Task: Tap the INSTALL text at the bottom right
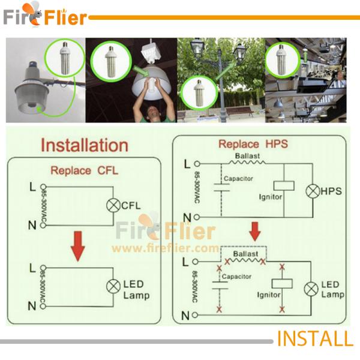(x=314, y=338)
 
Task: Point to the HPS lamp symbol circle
(x=313, y=191)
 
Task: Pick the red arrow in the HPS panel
(x=255, y=230)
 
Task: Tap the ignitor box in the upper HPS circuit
(x=283, y=185)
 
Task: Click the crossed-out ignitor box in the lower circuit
(x=281, y=283)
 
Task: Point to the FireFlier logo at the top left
(x=44, y=17)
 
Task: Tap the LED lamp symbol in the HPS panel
(x=310, y=289)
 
